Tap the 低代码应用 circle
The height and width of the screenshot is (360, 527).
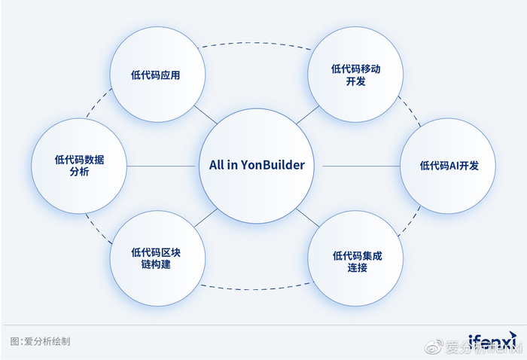[157, 75]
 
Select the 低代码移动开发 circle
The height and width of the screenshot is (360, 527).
[356, 75]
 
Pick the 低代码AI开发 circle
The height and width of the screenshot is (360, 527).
[447, 166]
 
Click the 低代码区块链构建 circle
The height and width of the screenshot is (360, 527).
[157, 258]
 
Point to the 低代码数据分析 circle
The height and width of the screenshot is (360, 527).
[78, 166]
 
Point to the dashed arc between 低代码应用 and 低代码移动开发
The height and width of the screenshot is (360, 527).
[256, 42]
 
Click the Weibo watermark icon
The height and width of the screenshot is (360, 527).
[434, 347]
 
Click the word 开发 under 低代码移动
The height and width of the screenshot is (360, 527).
[356, 81]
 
